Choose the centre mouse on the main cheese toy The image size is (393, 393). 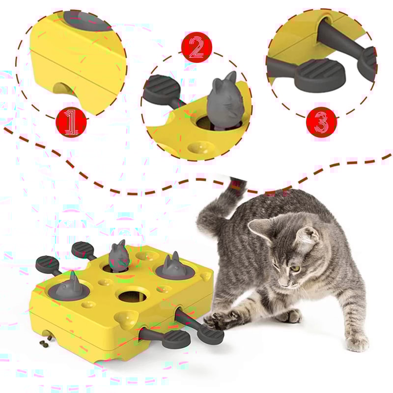click(119, 256)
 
